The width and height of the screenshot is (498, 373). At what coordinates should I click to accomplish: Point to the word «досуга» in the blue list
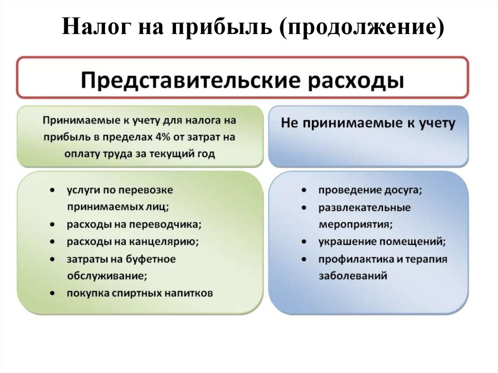405,190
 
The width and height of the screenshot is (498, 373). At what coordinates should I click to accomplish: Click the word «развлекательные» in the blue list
365,207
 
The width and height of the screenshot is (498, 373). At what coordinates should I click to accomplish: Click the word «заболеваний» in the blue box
353,276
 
